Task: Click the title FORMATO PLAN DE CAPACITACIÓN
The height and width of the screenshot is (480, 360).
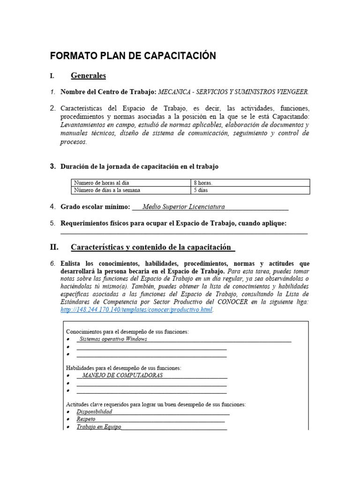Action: tap(133, 56)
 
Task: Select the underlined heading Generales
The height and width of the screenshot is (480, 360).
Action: tap(88, 75)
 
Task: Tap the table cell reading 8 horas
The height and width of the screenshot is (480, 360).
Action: tap(203, 183)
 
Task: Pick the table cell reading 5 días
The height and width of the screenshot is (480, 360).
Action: tap(201, 190)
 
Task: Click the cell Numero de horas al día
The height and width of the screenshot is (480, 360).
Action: tap(101, 183)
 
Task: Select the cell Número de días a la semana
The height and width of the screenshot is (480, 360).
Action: tap(106, 190)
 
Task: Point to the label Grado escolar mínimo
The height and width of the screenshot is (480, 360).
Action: tap(95, 207)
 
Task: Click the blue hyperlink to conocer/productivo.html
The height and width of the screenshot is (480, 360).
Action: tap(136, 310)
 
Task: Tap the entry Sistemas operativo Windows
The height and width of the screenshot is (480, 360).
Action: tap(113, 339)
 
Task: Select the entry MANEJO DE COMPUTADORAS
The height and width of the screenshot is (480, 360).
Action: tap(122, 376)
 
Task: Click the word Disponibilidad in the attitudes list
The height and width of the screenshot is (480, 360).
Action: tap(94, 412)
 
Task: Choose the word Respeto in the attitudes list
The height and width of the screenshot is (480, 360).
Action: tap(86, 419)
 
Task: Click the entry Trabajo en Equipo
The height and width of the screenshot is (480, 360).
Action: tap(99, 427)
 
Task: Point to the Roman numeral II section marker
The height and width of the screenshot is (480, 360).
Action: tap(54, 247)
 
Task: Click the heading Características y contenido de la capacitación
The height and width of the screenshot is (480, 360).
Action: tap(151, 247)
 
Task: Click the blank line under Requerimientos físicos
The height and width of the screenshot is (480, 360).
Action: tap(184, 232)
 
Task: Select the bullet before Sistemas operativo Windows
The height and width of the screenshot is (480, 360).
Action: tap(68, 339)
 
